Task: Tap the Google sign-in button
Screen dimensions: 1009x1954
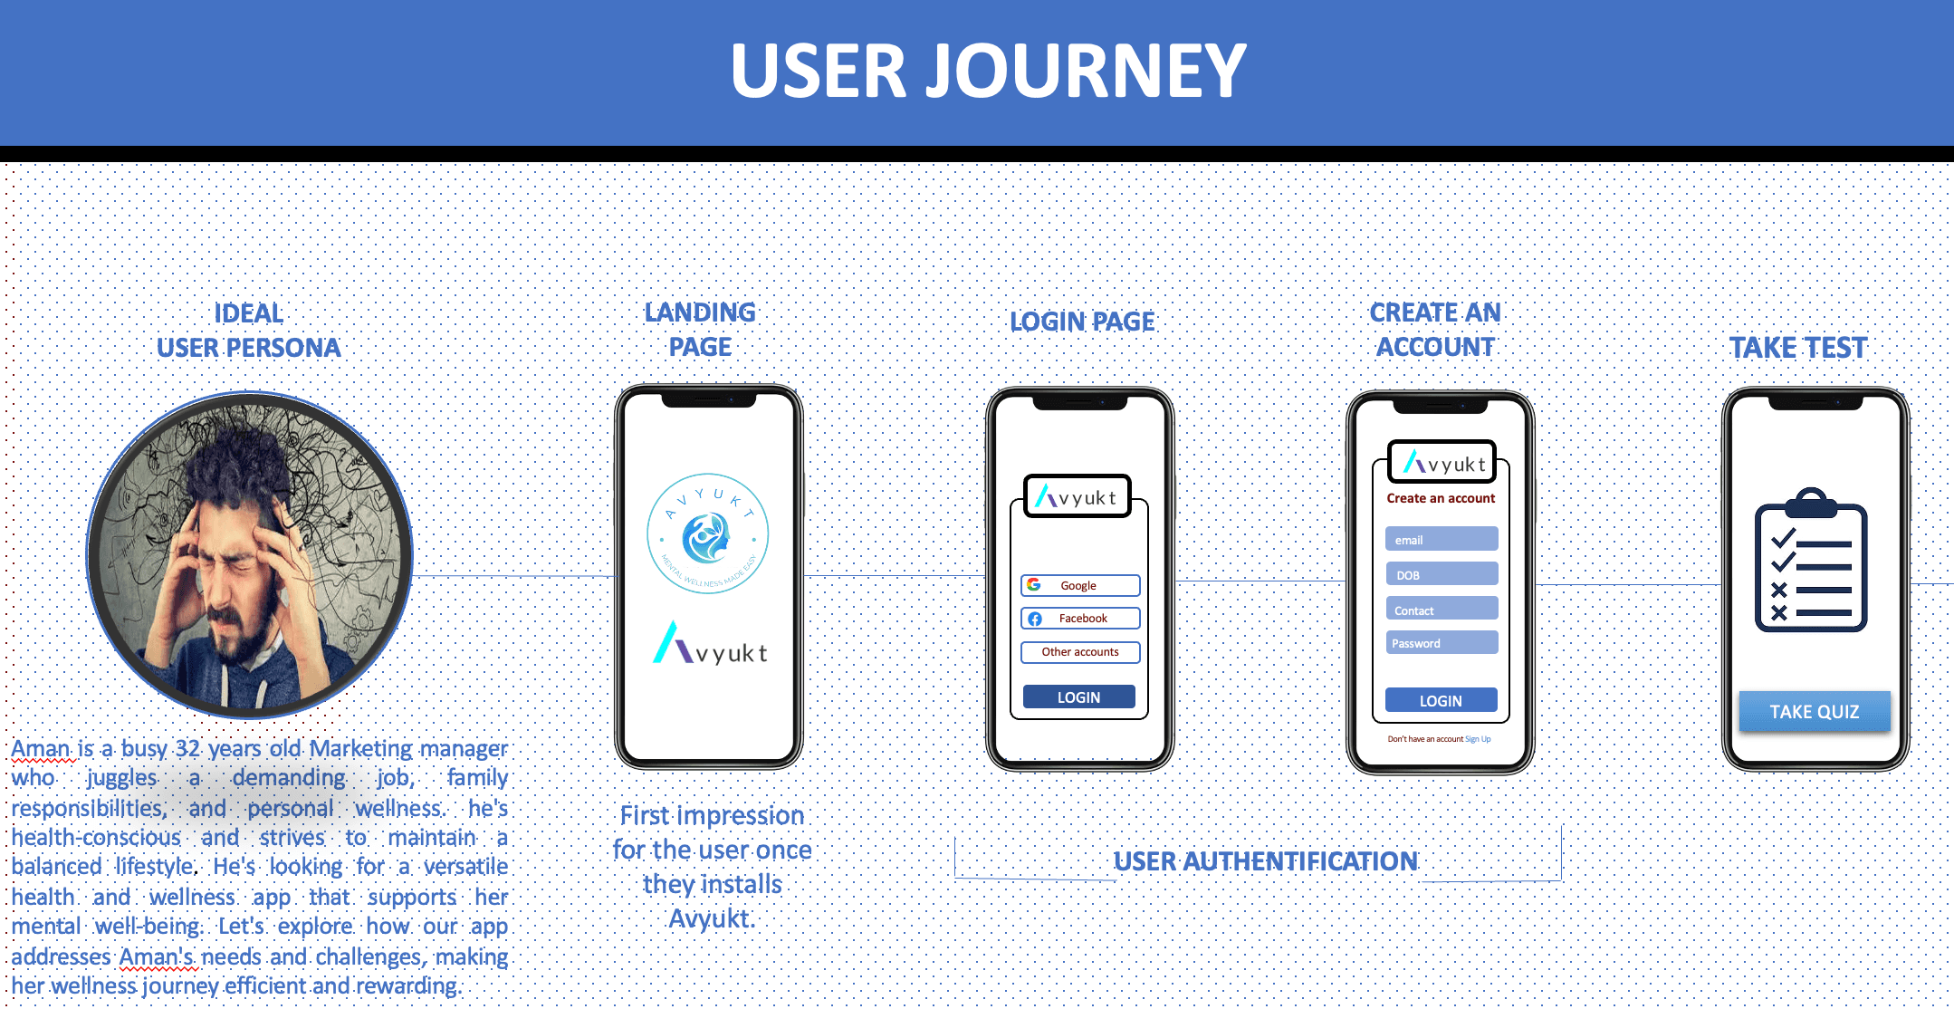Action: tap(1079, 585)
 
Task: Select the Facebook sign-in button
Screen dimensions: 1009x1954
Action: tap(1079, 619)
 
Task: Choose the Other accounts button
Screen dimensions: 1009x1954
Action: tap(1079, 652)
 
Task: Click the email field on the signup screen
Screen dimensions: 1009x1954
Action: tap(1441, 539)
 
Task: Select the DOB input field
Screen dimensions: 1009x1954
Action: tap(1441, 574)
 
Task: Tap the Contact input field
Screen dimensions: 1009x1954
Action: tap(1441, 610)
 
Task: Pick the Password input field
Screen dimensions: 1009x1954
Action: tap(1441, 643)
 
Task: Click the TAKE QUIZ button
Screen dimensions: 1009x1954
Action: tap(1814, 712)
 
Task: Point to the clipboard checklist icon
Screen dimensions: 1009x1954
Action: tap(1811, 562)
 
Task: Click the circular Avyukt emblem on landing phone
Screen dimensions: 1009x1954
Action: tap(708, 534)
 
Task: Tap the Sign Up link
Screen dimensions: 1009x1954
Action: tap(1478, 739)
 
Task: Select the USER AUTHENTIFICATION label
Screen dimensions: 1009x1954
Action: tap(1265, 860)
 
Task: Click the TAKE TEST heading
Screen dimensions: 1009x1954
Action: tap(1798, 348)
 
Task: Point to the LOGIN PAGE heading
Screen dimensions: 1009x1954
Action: tap(1082, 322)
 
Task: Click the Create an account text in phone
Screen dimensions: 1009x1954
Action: tap(1441, 498)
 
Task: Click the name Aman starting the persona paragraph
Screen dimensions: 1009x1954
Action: tap(40, 749)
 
